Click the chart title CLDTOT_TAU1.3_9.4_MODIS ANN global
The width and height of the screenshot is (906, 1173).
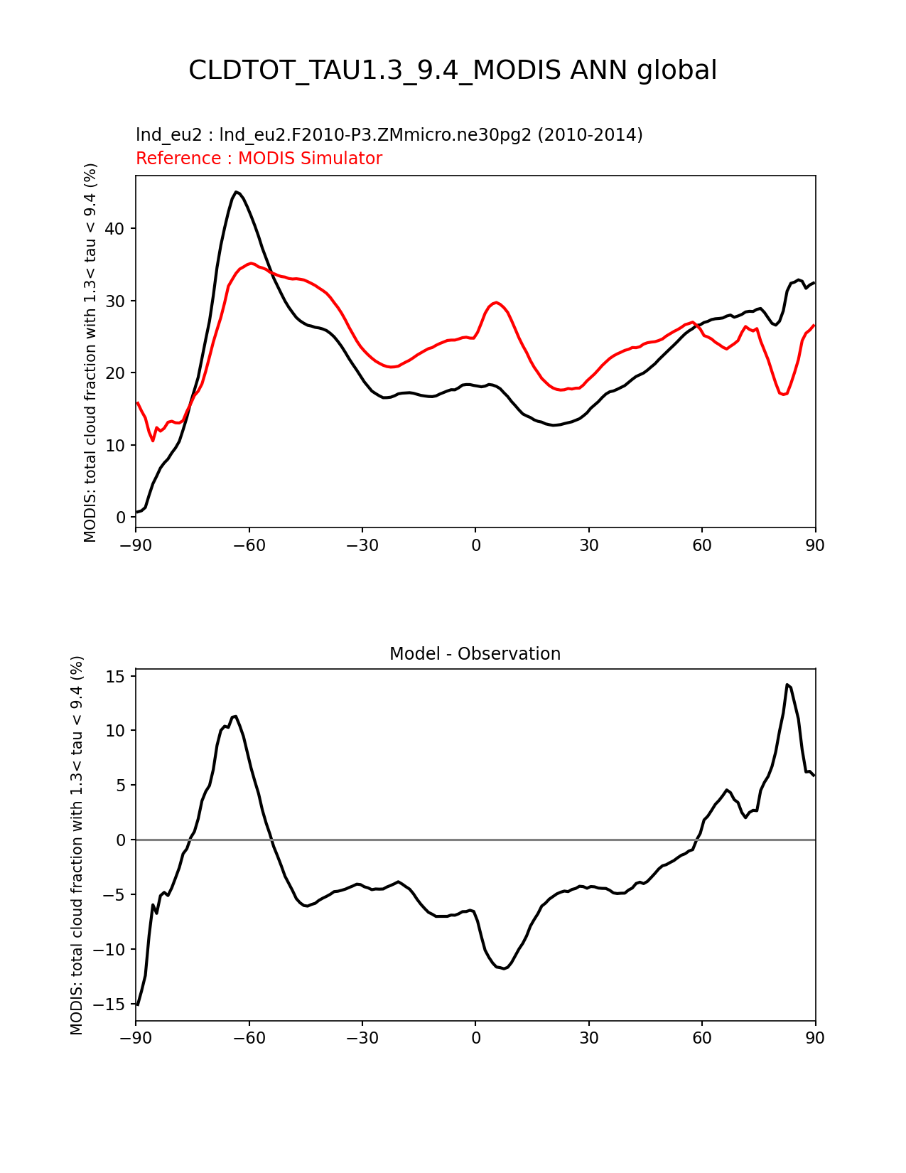coord(453,71)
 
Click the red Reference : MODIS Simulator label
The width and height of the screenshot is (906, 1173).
coord(259,159)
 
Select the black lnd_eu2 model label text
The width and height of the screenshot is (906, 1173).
coord(389,134)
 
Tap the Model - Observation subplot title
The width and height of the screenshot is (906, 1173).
coord(475,654)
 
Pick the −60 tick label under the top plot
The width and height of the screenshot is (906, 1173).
coord(249,545)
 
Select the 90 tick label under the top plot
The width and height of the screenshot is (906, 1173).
coord(815,545)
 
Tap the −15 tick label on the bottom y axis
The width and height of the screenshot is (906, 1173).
coord(112,1005)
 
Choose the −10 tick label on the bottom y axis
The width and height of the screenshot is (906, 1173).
coord(112,950)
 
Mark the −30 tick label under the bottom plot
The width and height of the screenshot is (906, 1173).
coord(362,1038)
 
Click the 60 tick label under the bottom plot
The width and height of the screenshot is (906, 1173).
coord(702,1038)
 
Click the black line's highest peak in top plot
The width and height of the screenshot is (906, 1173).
coord(237,192)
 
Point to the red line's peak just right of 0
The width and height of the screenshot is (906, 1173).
coord(496,302)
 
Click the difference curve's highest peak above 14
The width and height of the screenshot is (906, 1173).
coord(787,685)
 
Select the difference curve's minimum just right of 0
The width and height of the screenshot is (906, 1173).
coord(504,968)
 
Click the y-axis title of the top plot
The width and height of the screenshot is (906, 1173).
coord(90,352)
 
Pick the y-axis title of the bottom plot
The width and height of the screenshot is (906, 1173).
coord(77,845)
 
